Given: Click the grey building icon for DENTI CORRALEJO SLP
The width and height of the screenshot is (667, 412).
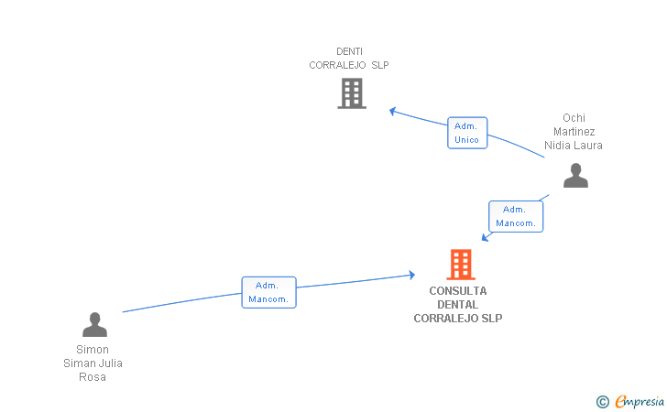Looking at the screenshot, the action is [352, 93].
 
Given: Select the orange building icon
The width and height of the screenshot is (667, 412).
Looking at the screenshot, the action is [461, 265].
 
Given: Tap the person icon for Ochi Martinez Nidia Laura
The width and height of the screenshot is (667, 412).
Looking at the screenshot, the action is [575, 175].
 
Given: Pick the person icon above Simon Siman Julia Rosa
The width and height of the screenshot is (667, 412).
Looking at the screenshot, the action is [94, 324].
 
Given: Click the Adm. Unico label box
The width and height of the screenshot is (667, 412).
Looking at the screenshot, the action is [467, 133].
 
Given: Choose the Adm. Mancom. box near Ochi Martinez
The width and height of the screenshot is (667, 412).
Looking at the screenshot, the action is [516, 216].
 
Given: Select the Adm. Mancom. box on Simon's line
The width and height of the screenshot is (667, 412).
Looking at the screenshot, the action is [268, 292].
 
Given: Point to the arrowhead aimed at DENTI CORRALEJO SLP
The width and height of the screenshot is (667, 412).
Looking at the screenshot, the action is [393, 111].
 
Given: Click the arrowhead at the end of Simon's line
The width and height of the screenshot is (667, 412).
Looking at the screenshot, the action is [411, 275].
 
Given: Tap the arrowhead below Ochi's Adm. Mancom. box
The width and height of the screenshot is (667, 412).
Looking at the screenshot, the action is [485, 237].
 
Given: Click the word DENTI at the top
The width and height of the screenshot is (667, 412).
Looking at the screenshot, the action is [349, 51].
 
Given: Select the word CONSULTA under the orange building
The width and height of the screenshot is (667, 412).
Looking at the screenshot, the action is [458, 291].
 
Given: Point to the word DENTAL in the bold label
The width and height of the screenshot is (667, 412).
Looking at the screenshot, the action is [458, 305].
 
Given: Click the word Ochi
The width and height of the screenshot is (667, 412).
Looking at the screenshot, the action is [574, 118].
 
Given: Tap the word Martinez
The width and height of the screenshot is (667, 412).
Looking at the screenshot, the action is [574, 131].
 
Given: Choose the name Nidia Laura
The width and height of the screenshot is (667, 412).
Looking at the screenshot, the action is [574, 146].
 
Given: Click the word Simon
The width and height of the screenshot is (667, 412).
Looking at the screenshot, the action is [93, 350].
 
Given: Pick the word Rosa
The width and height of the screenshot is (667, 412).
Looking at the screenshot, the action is [93, 376].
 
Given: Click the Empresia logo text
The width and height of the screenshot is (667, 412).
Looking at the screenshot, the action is [640, 401].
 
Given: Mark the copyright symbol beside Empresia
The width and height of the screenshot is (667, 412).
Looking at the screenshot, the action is [603, 402].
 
